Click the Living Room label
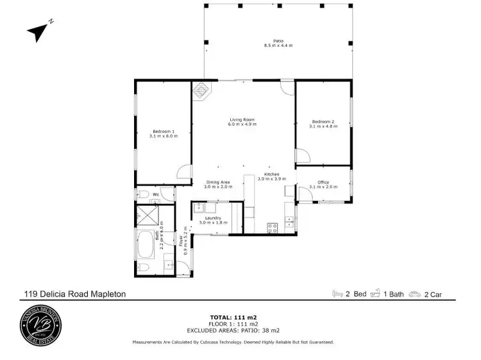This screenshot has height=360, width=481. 242,120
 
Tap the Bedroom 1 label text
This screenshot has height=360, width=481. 162,131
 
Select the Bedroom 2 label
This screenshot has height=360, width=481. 323,121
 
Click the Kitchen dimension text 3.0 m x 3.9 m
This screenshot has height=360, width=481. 272,179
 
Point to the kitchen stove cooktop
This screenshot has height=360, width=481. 271,225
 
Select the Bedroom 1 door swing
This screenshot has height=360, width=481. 184,171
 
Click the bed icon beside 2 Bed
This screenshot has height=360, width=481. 337,295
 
